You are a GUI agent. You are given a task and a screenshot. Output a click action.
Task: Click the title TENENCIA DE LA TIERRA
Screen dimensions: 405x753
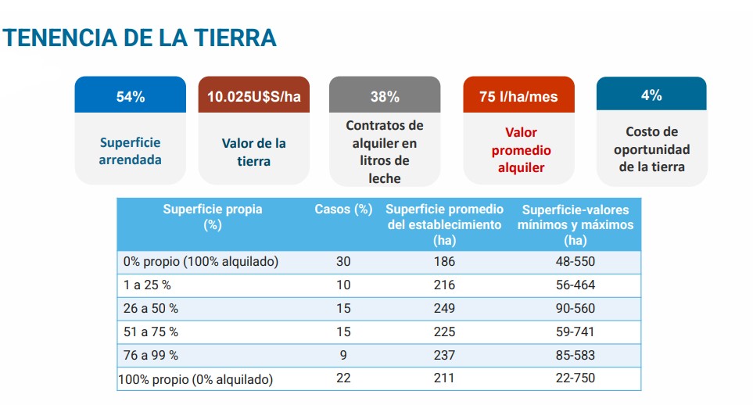140,37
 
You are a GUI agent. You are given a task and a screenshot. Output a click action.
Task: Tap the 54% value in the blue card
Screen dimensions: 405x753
130,97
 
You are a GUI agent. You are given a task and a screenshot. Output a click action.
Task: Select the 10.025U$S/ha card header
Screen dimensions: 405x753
253,97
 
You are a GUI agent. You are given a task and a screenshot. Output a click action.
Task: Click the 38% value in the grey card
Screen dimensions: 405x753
384,97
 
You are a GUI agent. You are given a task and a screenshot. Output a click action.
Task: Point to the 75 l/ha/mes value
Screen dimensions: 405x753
518,97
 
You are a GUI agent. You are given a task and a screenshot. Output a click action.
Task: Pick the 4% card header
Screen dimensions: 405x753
651,95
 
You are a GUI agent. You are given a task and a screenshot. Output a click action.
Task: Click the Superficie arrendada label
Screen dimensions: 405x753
130,151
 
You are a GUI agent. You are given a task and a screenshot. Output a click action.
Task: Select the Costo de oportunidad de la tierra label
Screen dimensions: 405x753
651,149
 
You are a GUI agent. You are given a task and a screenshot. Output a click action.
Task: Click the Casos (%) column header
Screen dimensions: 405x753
343,210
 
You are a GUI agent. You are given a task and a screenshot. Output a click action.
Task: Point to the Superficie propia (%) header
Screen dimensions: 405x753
212,217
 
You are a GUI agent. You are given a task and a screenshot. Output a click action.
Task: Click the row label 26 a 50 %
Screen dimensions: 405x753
151,309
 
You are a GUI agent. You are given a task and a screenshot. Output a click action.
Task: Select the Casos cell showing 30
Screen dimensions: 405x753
343,262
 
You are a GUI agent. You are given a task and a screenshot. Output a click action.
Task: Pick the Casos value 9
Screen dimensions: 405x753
343,355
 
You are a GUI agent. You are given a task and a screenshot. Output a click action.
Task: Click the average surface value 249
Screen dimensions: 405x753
444,309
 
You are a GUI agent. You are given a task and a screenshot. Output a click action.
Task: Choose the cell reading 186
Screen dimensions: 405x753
444,262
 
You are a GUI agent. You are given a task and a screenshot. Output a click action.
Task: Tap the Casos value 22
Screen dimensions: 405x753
343,378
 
